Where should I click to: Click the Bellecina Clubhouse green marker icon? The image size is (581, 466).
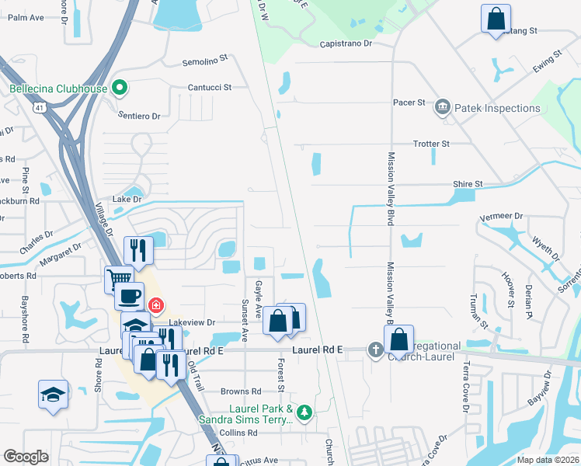(x=119, y=89)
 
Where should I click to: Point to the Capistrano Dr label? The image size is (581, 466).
(x=346, y=44)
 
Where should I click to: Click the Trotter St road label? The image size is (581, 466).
(x=430, y=144)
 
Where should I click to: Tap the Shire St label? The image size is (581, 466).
(x=468, y=184)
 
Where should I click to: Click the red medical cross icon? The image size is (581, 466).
(x=156, y=305)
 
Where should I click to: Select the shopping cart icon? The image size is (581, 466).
(x=120, y=278)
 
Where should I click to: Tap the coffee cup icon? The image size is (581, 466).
(x=129, y=297)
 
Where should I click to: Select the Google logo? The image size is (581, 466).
(x=26, y=457)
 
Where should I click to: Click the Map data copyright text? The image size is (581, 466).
(x=548, y=460)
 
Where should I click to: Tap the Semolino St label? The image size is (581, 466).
(x=204, y=58)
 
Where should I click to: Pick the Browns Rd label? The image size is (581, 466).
(x=241, y=391)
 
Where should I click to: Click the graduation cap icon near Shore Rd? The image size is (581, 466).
(x=53, y=395)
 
